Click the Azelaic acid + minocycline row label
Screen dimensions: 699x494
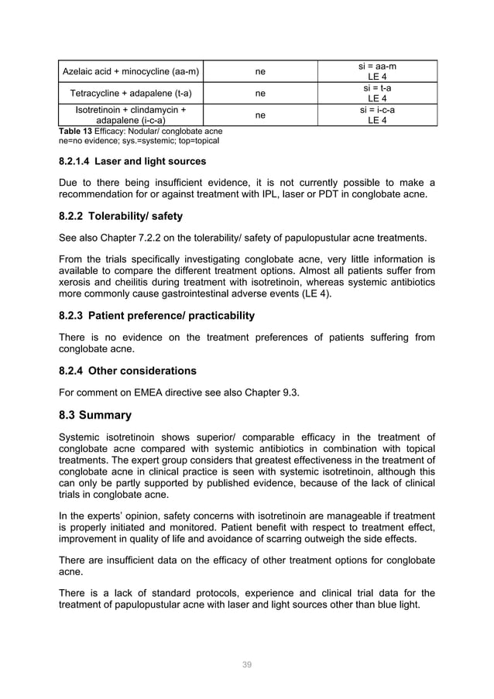tap(130, 73)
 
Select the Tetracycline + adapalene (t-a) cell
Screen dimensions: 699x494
tap(130, 94)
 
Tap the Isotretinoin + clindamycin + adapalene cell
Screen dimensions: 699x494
tap(130, 115)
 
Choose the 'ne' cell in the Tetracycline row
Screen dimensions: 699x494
tap(260, 94)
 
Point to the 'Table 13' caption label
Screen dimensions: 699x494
tap(75, 132)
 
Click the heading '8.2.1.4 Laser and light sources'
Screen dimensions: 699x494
tap(132, 162)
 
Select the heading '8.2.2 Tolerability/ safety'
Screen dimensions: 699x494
tap(121, 216)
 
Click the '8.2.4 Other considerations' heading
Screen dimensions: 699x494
tap(128, 370)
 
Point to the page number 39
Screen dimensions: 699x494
tap(247, 664)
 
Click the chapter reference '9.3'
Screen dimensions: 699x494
tap(289, 392)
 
